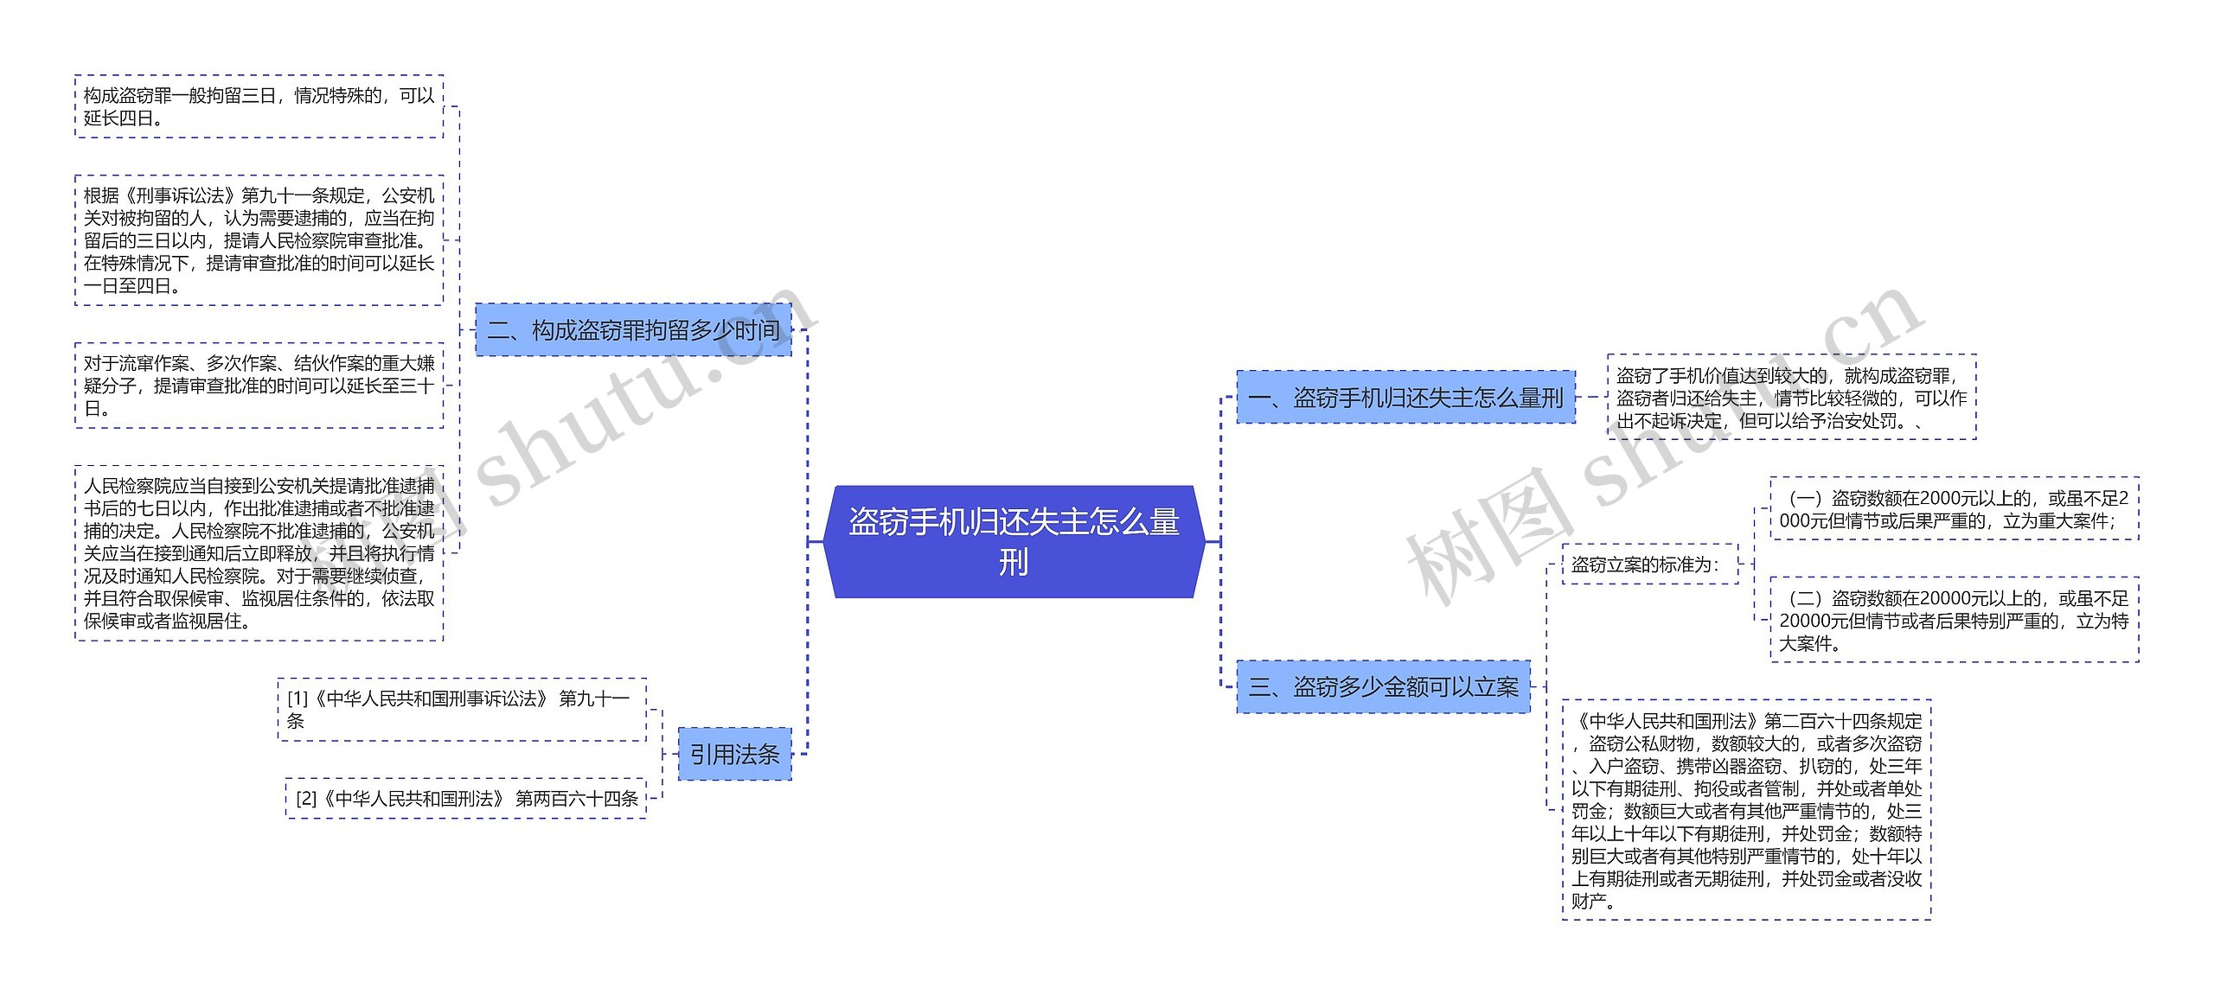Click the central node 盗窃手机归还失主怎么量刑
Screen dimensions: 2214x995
(1014, 541)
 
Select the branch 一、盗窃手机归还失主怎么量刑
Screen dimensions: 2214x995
(1405, 398)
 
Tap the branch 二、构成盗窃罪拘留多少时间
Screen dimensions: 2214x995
(633, 330)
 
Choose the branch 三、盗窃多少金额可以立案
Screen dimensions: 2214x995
(1383, 687)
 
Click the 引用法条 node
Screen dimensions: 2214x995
(734, 755)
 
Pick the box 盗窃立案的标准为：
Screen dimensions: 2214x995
(1648, 564)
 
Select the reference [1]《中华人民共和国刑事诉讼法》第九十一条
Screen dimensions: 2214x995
(461, 709)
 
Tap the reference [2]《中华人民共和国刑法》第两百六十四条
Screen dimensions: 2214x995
(466, 799)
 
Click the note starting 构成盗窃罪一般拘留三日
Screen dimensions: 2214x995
(259, 106)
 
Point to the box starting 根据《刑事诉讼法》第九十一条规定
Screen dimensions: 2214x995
(259, 240)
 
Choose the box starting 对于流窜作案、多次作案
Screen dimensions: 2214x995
(259, 386)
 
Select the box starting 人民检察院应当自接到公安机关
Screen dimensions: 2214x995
(259, 553)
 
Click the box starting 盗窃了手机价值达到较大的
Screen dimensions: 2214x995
(1791, 398)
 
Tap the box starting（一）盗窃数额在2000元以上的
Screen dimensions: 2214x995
(1954, 509)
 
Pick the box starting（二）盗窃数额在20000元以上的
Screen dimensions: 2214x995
(1954, 620)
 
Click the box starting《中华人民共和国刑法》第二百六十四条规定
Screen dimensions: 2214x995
(1746, 810)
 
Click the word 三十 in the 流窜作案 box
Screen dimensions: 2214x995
(416, 386)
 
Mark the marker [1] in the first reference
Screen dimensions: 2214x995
(298, 698)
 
